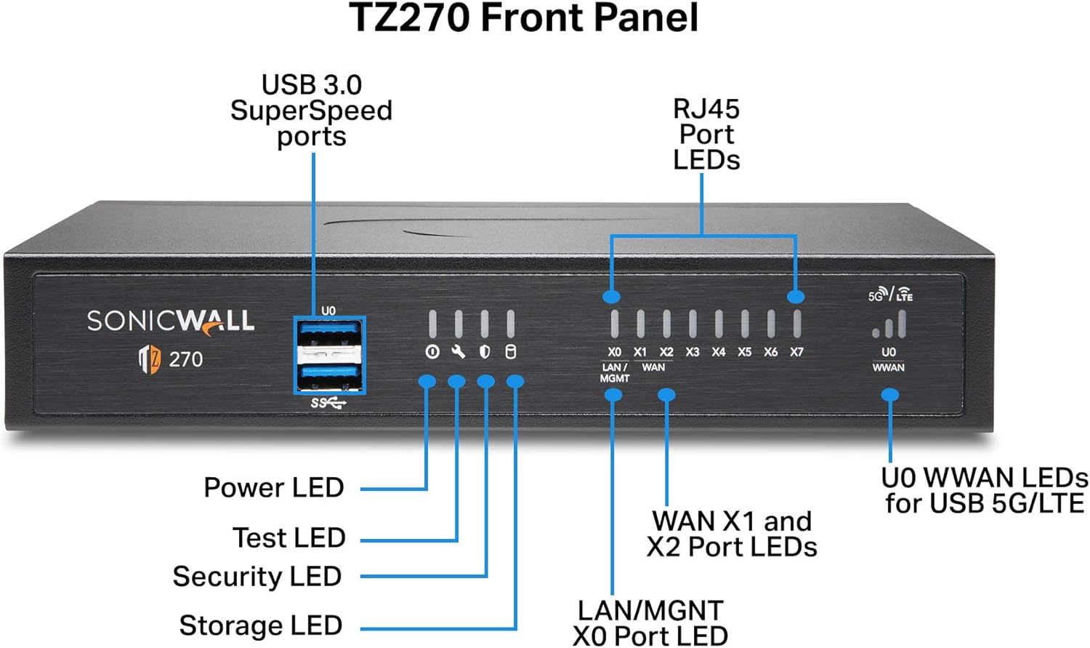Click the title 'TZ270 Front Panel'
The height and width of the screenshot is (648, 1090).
[524, 18]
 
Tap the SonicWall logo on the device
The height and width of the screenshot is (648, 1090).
[171, 321]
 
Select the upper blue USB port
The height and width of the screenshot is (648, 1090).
[329, 333]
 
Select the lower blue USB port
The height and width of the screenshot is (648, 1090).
[329, 375]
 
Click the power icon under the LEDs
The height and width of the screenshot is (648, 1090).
[432, 352]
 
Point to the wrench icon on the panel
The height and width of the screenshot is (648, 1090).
[458, 352]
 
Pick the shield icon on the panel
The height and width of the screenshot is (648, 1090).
[485, 352]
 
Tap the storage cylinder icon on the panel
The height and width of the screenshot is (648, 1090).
[511, 352]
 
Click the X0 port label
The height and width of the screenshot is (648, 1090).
[614, 352]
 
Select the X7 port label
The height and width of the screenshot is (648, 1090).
[796, 352]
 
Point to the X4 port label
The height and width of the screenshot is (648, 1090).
[718, 352]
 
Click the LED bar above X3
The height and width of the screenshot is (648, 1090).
[693, 324]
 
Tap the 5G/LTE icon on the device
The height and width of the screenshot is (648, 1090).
[890, 295]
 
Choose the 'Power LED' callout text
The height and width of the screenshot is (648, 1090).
[274, 487]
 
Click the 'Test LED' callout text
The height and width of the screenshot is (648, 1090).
[288, 537]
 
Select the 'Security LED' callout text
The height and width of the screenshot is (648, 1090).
[257, 576]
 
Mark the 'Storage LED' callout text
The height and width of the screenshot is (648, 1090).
[261, 625]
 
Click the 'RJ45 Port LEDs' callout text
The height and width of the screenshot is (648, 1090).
[706, 135]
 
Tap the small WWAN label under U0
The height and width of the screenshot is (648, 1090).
[888, 368]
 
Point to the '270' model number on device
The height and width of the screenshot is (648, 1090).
[186, 359]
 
